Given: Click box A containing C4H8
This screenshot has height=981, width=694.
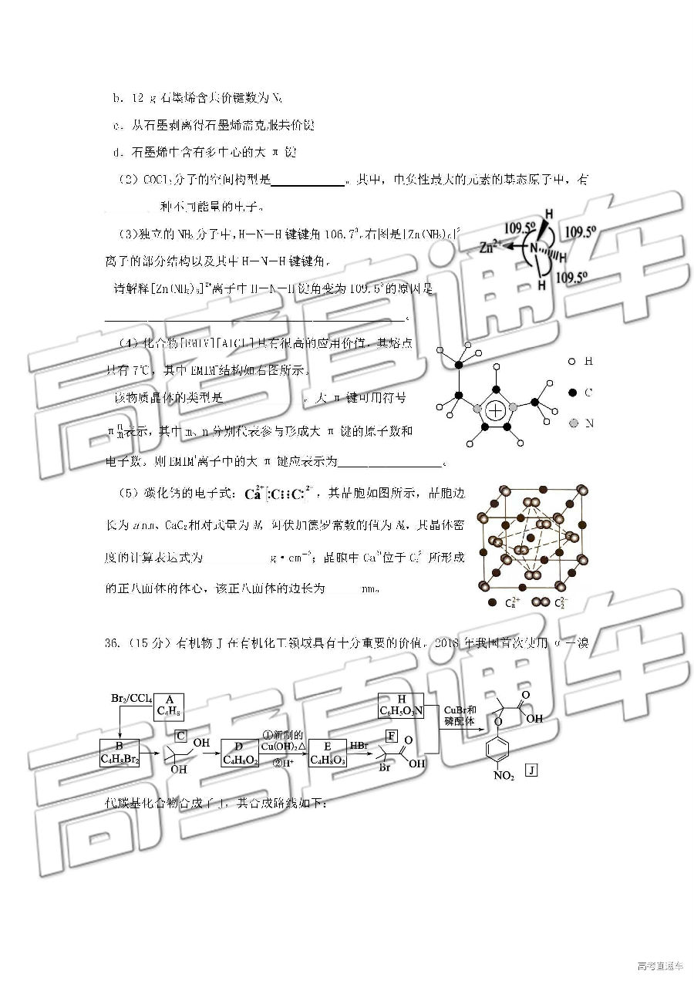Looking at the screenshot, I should coord(168,706).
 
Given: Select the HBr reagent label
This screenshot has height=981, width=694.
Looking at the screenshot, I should coord(359,746).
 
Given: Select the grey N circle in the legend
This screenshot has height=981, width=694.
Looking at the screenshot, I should coord(571,423).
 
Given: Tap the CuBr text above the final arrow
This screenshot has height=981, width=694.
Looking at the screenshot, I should coord(456,709).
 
